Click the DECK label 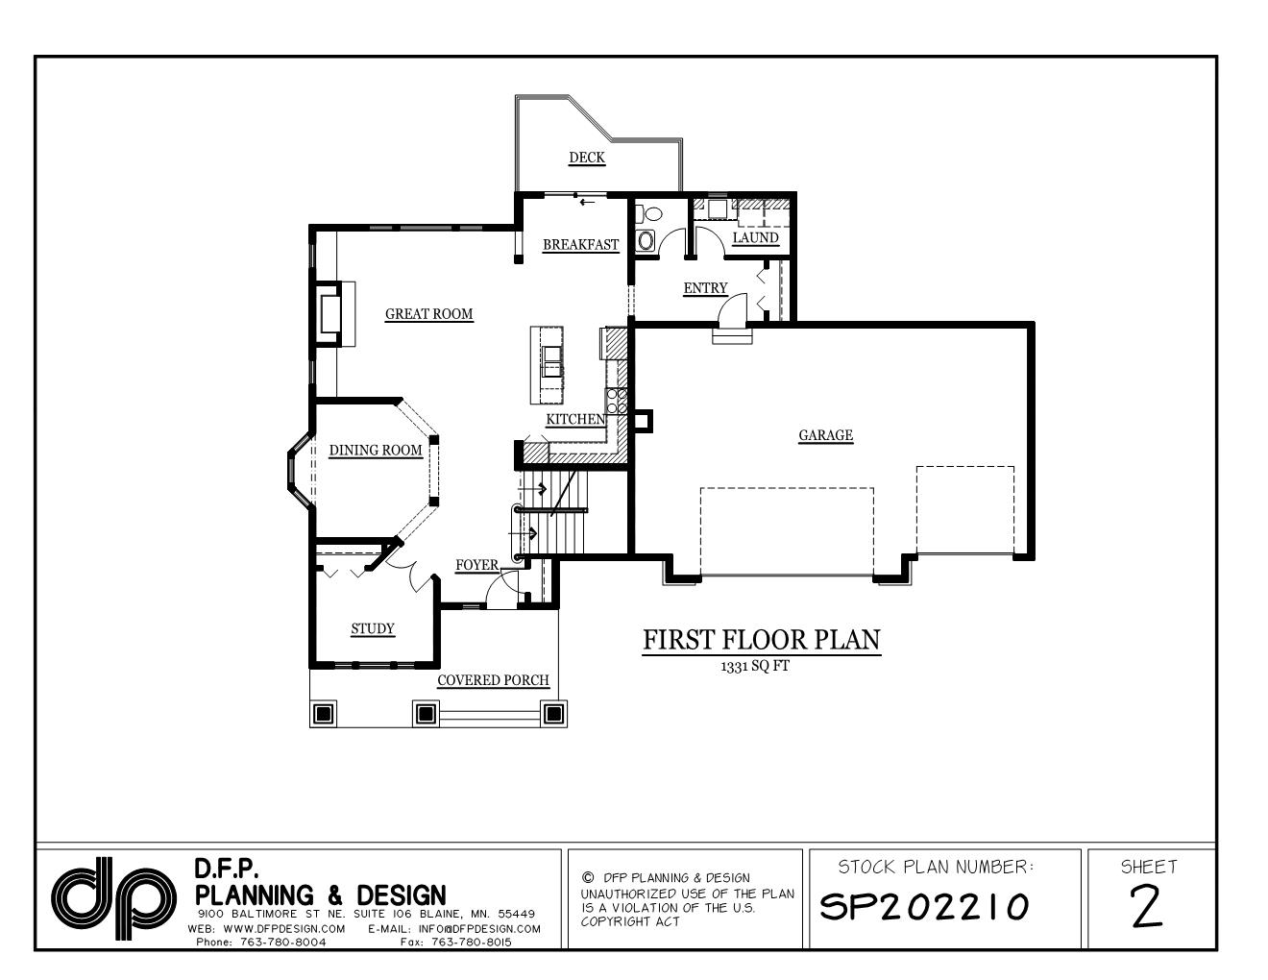coord(586,158)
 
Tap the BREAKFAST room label coord(580,244)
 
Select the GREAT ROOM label coord(428,313)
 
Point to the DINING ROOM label coord(376,450)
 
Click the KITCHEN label coord(575,419)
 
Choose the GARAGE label coord(825,435)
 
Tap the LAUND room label coord(755,237)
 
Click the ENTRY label coord(705,287)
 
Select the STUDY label coord(372,628)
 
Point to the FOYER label coord(476,564)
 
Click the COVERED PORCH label coord(493,680)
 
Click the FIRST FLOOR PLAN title coord(761,640)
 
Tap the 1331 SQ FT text coord(754,666)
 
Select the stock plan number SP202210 coord(923,905)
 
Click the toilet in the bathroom coord(646,237)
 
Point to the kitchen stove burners coord(616,401)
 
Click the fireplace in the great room coord(327,313)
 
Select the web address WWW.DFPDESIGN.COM coord(283,929)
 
